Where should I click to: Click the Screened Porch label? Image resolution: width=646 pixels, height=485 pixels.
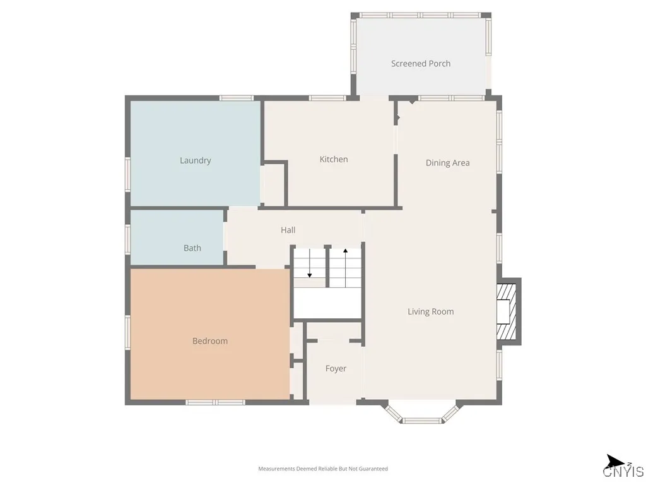421,64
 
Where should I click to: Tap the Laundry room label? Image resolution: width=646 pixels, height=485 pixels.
195,160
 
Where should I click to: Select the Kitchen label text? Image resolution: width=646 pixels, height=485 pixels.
334,159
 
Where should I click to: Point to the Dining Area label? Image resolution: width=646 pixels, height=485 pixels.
447,163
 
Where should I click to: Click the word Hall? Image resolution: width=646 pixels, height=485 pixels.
288,230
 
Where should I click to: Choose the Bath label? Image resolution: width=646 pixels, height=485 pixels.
192,248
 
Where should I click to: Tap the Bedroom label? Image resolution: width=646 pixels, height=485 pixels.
210,341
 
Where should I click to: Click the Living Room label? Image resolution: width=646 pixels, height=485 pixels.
430,311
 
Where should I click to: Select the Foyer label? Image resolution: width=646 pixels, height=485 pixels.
336,368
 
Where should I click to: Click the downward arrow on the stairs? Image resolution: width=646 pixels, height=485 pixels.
309,265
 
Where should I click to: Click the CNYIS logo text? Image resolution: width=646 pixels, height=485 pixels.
623,472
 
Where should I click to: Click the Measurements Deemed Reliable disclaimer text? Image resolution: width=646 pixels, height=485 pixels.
323,469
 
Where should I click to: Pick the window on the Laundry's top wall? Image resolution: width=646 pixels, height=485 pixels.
236,98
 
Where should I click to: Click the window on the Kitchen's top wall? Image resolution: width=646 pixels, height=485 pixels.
327,98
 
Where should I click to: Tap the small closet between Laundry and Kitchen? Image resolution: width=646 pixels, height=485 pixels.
273,184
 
